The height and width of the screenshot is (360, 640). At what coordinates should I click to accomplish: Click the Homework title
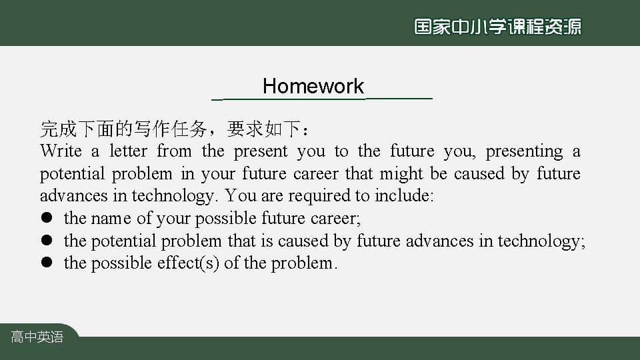pyautogui.click(x=313, y=87)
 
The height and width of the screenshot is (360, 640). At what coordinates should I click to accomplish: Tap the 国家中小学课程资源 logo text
pyautogui.click(x=497, y=27)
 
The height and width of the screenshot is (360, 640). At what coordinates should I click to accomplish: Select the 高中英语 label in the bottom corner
pyautogui.click(x=37, y=337)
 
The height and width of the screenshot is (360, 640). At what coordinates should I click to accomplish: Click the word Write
pyautogui.click(x=61, y=151)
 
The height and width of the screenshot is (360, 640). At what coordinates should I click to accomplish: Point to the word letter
pyautogui.click(x=129, y=151)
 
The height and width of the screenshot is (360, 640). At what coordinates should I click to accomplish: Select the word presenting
pyautogui.click(x=524, y=151)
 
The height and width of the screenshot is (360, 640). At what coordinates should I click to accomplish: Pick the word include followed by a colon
pyautogui.click(x=404, y=196)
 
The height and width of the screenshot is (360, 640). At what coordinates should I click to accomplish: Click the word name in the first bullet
pyautogui.click(x=111, y=219)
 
